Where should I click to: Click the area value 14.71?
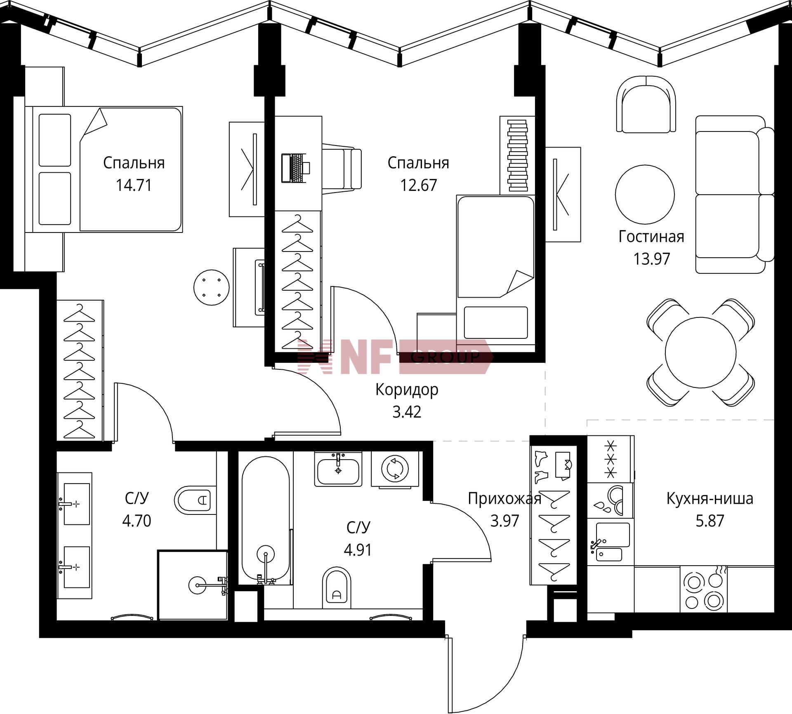click(134, 185)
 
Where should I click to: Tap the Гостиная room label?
click(651, 237)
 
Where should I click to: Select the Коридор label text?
click(407, 390)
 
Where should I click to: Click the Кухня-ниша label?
click(710, 499)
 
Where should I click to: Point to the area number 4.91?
click(358, 550)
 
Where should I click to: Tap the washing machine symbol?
click(395, 469)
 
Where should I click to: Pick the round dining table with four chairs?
click(701, 352)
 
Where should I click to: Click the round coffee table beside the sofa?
click(645, 194)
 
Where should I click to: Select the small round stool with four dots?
click(212, 288)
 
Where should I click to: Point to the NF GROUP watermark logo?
click(395, 357)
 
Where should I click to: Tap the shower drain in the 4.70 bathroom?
click(196, 585)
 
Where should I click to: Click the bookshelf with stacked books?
click(517, 155)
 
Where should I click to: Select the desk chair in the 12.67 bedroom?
click(342, 169)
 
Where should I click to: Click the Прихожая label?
click(504, 499)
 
